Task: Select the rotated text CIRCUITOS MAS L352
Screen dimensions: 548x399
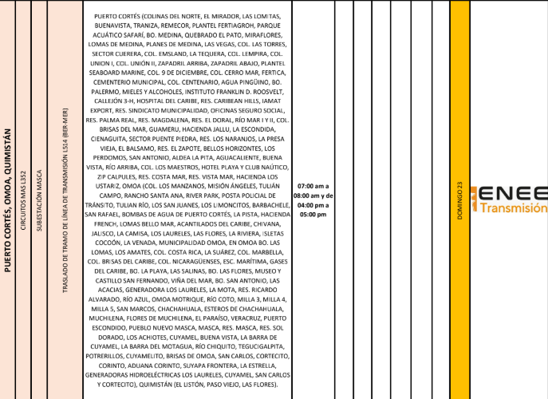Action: point(24,200)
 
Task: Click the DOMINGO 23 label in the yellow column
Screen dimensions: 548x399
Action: point(459,200)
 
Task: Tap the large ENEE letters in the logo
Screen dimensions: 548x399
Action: point(515,193)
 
